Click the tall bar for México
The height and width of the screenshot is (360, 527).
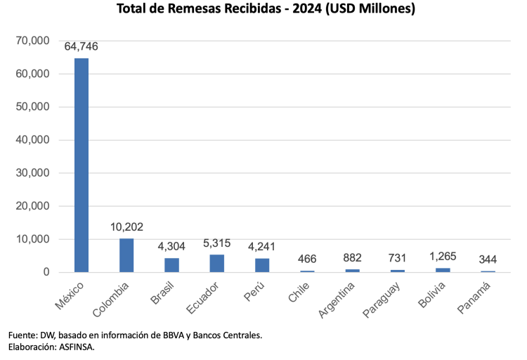coord(82,165)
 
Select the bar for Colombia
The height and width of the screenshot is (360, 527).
coord(126,255)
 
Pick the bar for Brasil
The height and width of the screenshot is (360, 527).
coord(172,265)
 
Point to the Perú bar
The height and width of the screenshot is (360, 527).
coord(262,265)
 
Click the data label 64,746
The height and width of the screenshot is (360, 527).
coord(82,47)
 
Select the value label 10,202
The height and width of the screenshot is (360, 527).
coord(127,227)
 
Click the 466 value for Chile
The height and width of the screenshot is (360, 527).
coord(307,259)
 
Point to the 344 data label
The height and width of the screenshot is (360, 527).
coord(488,260)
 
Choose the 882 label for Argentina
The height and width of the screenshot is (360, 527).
coord(352,258)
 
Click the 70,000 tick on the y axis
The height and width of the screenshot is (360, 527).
coord(32,41)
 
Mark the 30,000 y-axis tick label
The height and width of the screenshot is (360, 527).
coord(32,173)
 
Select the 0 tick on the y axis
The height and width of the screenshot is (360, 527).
coord(46,272)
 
